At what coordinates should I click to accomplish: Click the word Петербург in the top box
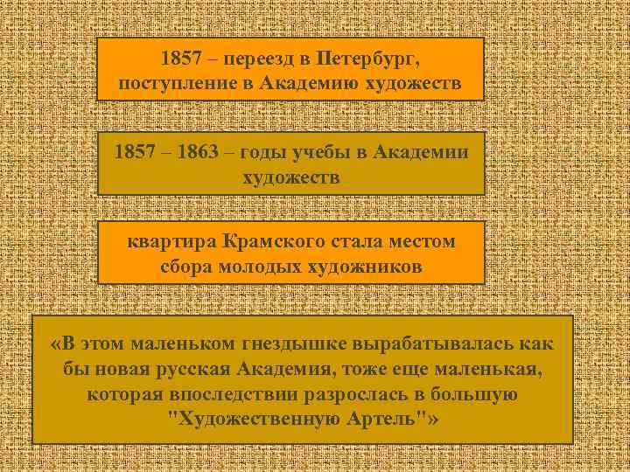[367, 60]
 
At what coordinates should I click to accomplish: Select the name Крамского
[269, 240]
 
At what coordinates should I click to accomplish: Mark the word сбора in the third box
[185, 267]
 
